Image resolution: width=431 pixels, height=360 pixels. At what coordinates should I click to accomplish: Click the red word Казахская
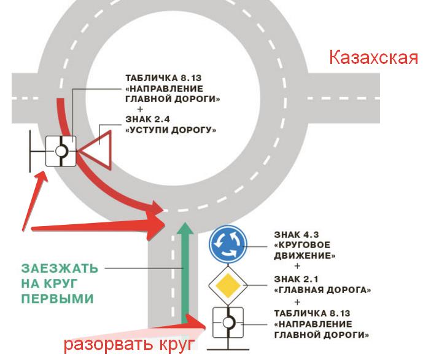click(373, 58)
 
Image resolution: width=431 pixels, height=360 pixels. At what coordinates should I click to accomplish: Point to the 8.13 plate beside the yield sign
click(61, 150)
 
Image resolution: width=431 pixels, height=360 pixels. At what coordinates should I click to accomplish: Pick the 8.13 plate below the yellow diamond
click(228, 321)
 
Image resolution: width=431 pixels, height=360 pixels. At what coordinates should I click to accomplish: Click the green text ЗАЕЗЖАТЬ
click(59, 268)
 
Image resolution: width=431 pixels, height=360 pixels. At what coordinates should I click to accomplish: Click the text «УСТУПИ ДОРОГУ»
click(171, 130)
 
